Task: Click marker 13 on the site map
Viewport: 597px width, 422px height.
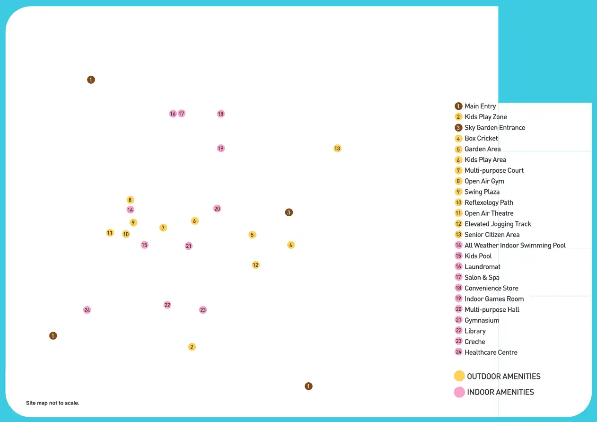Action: tap(337, 149)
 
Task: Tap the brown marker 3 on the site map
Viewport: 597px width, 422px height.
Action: tap(289, 212)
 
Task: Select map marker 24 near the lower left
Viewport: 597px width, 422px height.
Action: tap(87, 310)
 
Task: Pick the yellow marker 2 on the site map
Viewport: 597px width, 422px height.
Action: tap(192, 347)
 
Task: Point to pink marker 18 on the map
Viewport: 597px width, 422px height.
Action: tap(220, 114)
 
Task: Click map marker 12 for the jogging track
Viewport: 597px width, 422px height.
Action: tap(255, 265)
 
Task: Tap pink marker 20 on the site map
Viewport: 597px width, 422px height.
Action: tap(217, 209)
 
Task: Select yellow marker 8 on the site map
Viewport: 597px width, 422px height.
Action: tap(130, 200)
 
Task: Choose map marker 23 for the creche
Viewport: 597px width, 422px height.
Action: tap(203, 310)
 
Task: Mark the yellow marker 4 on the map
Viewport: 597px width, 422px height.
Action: tap(291, 245)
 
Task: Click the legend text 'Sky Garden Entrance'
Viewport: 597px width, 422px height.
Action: tap(494, 128)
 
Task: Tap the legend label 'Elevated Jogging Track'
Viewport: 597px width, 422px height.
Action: tap(498, 224)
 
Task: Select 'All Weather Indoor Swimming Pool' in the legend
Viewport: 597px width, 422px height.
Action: tap(515, 245)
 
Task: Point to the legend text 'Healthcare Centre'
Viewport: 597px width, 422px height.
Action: tap(491, 352)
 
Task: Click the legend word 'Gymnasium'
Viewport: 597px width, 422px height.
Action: tap(482, 320)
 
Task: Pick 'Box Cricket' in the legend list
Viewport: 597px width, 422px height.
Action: tap(481, 138)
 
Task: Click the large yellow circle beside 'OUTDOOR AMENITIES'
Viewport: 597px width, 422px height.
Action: tap(459, 376)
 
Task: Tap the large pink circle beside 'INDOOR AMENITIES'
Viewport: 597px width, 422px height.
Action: tap(459, 392)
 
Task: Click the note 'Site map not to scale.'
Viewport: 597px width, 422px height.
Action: tap(53, 403)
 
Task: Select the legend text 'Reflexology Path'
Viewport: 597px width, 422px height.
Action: tap(489, 202)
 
